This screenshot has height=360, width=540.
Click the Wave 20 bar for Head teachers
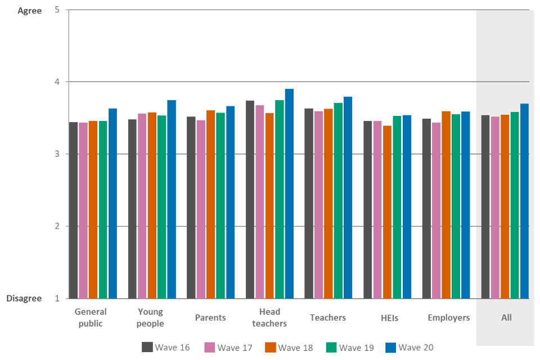pos(289,193)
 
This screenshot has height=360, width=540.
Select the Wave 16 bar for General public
pos(73,210)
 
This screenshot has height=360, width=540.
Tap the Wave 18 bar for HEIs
pos(387,212)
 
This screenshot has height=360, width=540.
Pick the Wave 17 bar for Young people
pos(142,206)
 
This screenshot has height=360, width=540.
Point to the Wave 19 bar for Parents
pos(220,205)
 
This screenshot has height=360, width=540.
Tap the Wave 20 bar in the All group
pos(525,201)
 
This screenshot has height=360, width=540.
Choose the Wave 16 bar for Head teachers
pos(250,199)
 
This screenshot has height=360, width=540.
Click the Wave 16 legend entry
pos(166,347)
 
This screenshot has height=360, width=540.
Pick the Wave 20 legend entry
pos(410,347)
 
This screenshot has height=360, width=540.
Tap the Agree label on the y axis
pos(30,11)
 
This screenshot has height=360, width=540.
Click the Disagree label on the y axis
pos(24,299)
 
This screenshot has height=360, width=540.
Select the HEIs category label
pos(387,318)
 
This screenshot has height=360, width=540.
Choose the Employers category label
pos(448,318)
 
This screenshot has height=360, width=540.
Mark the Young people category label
pos(150,318)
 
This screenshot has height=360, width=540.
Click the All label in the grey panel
pos(506,318)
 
